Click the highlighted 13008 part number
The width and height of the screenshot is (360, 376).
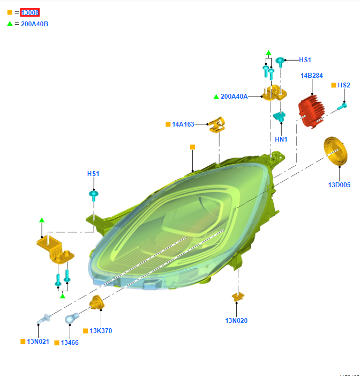pyautogui.click(x=30, y=12)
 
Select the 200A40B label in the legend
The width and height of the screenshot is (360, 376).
pyautogui.click(x=34, y=24)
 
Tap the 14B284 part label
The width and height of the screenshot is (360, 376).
pyautogui.click(x=311, y=76)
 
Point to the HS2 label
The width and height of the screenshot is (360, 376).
pyautogui.click(x=343, y=85)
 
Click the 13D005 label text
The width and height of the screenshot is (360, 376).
pyautogui.click(x=339, y=185)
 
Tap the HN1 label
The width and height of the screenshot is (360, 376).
pyautogui.click(x=281, y=139)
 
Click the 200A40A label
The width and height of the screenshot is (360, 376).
pyautogui.click(x=234, y=97)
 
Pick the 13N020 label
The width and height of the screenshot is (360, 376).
pyautogui.click(x=236, y=321)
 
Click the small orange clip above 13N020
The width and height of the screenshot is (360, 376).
pyautogui.click(x=238, y=296)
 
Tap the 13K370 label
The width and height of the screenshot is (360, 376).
pyautogui.click(x=101, y=331)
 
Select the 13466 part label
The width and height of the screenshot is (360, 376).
pyautogui.click(x=70, y=342)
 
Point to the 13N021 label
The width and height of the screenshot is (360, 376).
pyautogui.click(x=38, y=342)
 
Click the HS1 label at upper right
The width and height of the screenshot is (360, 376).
pyautogui.click(x=305, y=60)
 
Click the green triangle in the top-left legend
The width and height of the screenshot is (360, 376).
pyautogui.click(x=10, y=24)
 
